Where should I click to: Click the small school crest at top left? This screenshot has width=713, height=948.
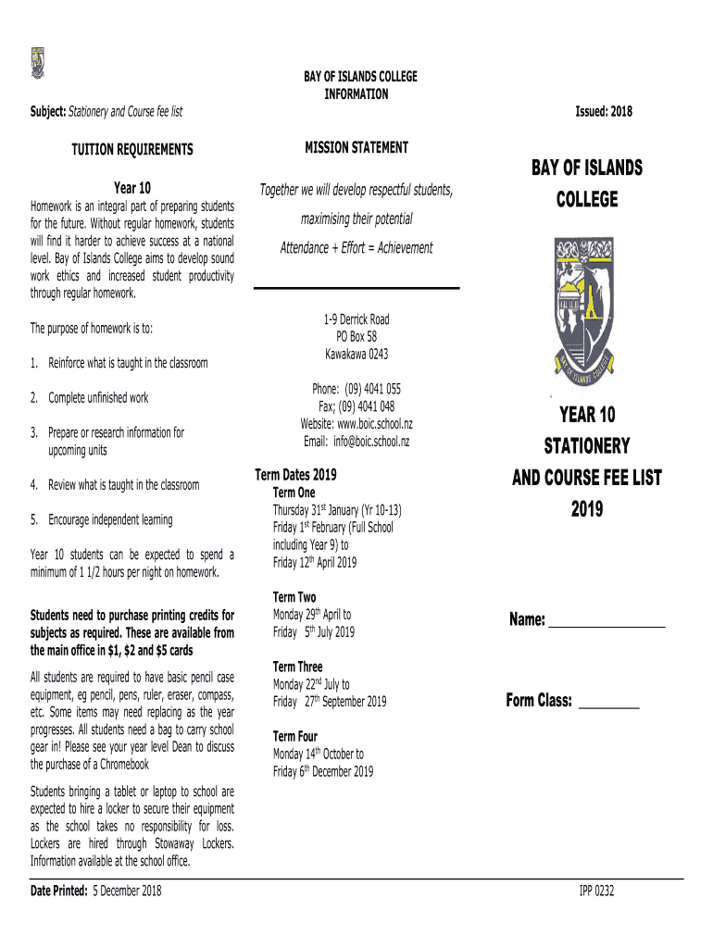(x=37, y=62)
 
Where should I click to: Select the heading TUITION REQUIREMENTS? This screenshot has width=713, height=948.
(x=132, y=149)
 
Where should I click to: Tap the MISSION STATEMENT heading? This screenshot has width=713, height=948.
(x=356, y=147)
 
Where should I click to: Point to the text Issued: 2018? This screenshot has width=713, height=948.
(x=604, y=112)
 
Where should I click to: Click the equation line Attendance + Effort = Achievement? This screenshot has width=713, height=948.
(x=356, y=248)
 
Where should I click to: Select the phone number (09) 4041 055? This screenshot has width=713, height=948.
(x=375, y=389)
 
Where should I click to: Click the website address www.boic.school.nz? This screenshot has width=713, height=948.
(x=375, y=424)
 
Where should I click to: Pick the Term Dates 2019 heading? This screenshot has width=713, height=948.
(x=295, y=475)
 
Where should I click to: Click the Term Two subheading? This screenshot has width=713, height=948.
(x=294, y=597)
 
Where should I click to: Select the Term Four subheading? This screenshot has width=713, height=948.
(x=296, y=737)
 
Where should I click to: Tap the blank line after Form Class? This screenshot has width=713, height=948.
(x=608, y=703)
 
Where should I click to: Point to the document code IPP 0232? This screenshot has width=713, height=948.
(x=596, y=892)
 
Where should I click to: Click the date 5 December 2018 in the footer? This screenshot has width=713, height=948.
(x=126, y=891)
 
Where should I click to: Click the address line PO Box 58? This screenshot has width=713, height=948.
(x=356, y=337)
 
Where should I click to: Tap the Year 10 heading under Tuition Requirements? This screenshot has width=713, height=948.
(x=132, y=189)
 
